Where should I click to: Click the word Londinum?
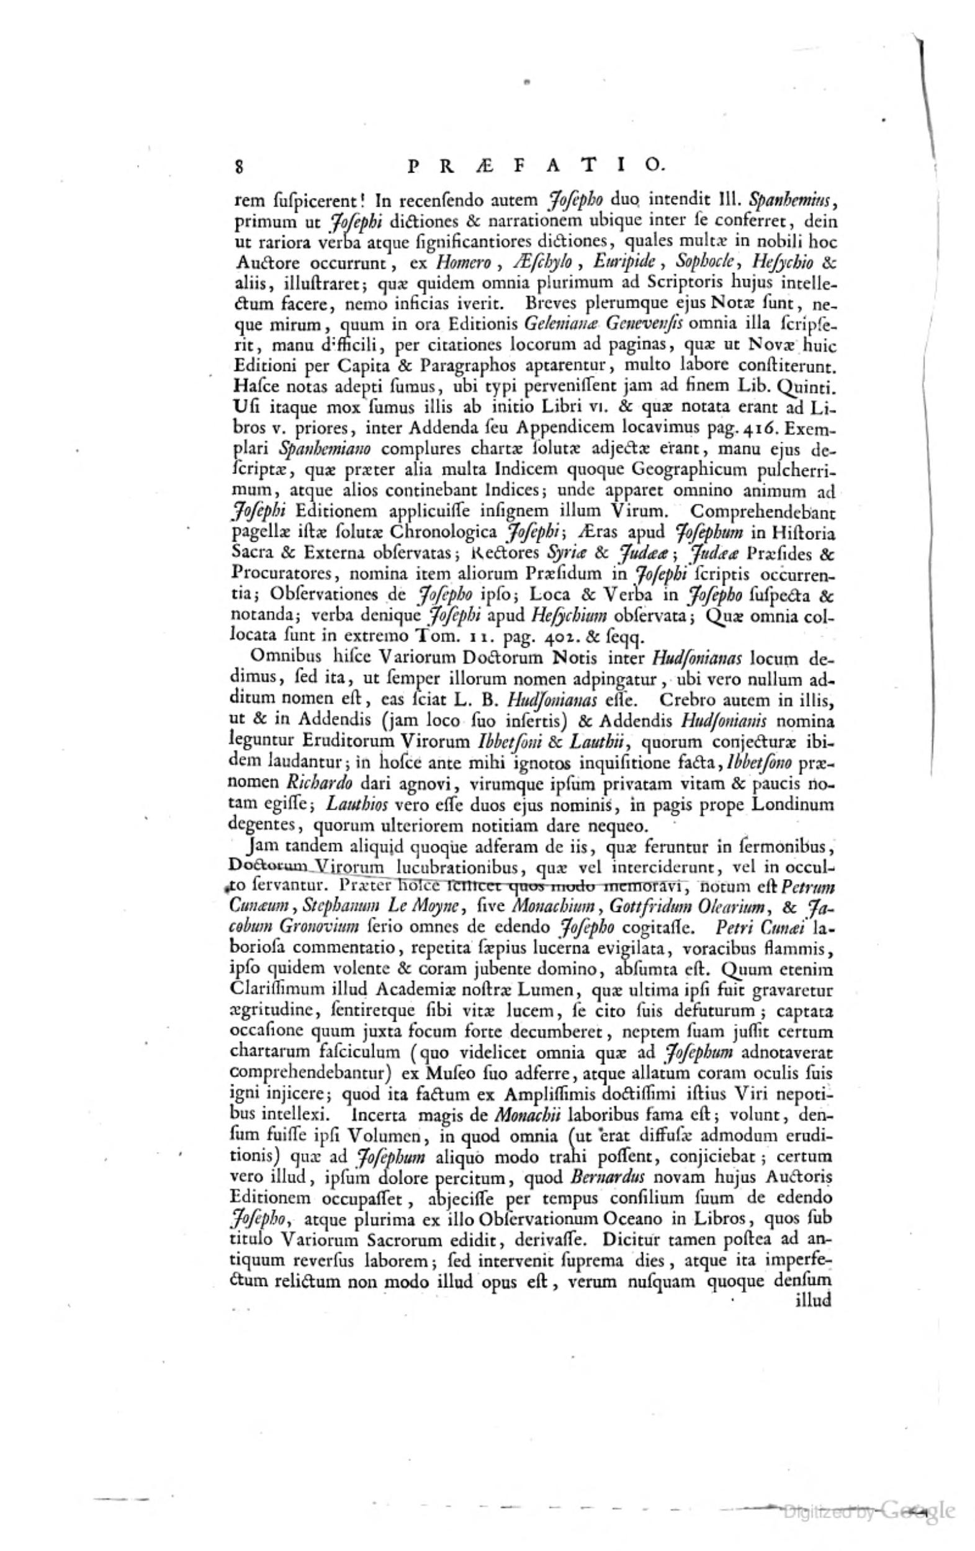pyautogui.click(x=798, y=804)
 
